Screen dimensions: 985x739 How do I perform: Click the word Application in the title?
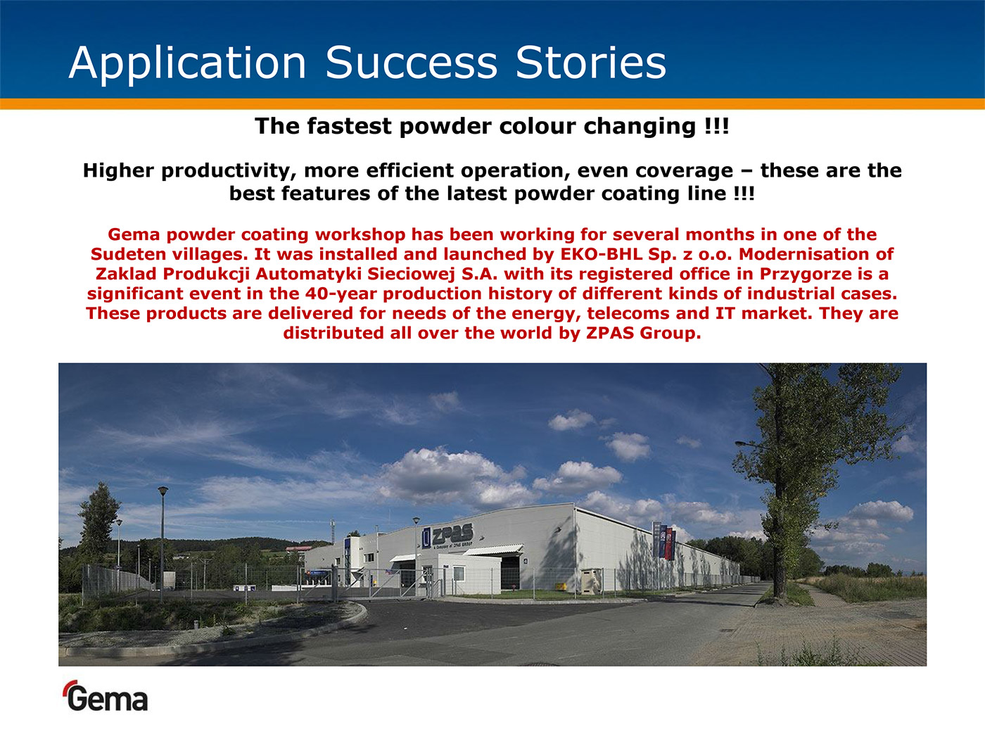pos(188,63)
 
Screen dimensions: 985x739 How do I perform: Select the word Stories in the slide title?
pos(590,63)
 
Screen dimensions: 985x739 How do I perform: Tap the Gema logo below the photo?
pos(106,696)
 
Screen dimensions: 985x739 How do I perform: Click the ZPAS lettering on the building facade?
pos(452,534)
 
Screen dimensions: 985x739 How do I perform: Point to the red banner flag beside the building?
pos(669,544)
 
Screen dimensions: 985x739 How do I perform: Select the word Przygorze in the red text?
pos(806,274)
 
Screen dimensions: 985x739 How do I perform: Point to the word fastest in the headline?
pos(350,126)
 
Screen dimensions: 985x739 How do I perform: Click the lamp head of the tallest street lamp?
pos(163,490)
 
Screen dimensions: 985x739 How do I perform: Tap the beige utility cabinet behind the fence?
pos(591,581)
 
